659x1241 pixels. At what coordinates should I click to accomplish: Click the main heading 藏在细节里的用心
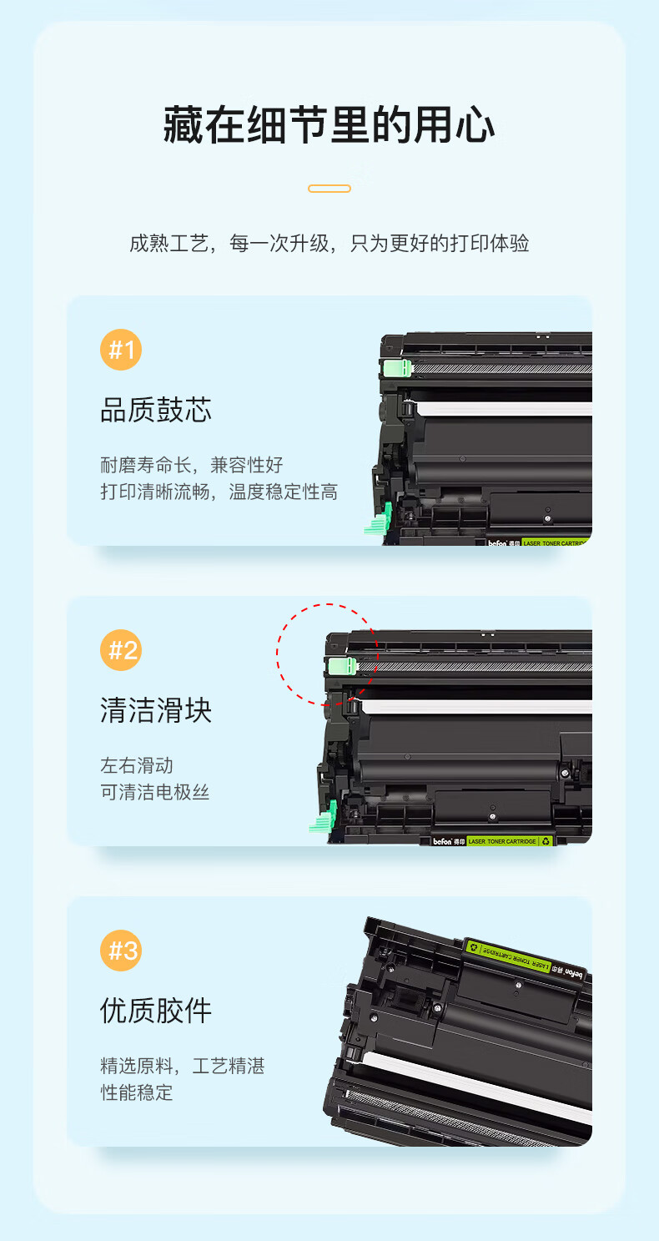pyautogui.click(x=329, y=125)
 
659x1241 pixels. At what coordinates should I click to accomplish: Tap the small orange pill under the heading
pyautogui.click(x=329, y=189)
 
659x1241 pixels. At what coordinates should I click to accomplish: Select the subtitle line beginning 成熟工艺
pyautogui.click(x=329, y=243)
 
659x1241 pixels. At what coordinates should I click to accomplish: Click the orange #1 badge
pyautogui.click(x=121, y=350)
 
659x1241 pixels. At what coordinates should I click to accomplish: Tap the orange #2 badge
pyautogui.click(x=121, y=650)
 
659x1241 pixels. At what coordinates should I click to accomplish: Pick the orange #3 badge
pyautogui.click(x=121, y=950)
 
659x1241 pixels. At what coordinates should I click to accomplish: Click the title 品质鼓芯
pyautogui.click(x=156, y=410)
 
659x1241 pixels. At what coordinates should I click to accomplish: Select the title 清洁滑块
pyautogui.click(x=156, y=710)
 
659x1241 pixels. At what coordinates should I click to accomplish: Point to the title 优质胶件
pyautogui.click(x=156, y=1011)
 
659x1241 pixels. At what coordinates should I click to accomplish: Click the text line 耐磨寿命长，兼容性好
pyautogui.click(x=192, y=465)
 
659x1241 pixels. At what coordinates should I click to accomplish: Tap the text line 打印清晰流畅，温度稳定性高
pyautogui.click(x=219, y=492)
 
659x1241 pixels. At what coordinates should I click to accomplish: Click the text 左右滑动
pyautogui.click(x=137, y=765)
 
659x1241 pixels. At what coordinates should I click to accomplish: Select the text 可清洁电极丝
pyautogui.click(x=155, y=792)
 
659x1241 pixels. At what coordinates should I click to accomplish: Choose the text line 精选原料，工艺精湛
pyautogui.click(x=183, y=1066)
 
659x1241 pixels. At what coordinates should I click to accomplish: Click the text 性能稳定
pyautogui.click(x=137, y=1092)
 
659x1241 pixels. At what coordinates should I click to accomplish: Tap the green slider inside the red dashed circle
pyautogui.click(x=342, y=666)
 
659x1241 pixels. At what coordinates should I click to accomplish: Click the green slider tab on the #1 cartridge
pyautogui.click(x=398, y=368)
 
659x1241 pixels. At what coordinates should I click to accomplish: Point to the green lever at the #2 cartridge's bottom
pyautogui.click(x=324, y=817)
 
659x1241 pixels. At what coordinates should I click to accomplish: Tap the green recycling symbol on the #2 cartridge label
pyautogui.click(x=546, y=841)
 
